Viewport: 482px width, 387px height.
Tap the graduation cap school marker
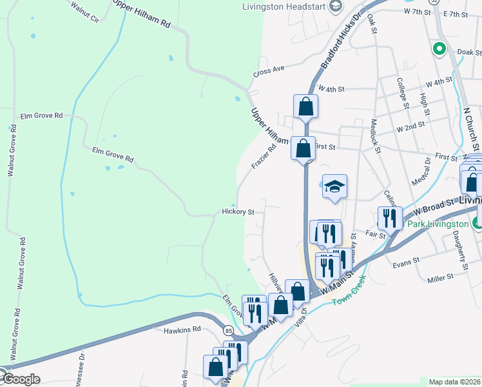(334, 187)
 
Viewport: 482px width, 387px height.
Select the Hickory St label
(238, 211)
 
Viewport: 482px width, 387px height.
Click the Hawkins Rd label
(182, 329)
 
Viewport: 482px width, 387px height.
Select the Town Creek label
(349, 290)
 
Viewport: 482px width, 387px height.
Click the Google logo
(21, 379)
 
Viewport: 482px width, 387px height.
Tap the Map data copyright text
(455, 382)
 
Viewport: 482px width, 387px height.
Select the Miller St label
(441, 277)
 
